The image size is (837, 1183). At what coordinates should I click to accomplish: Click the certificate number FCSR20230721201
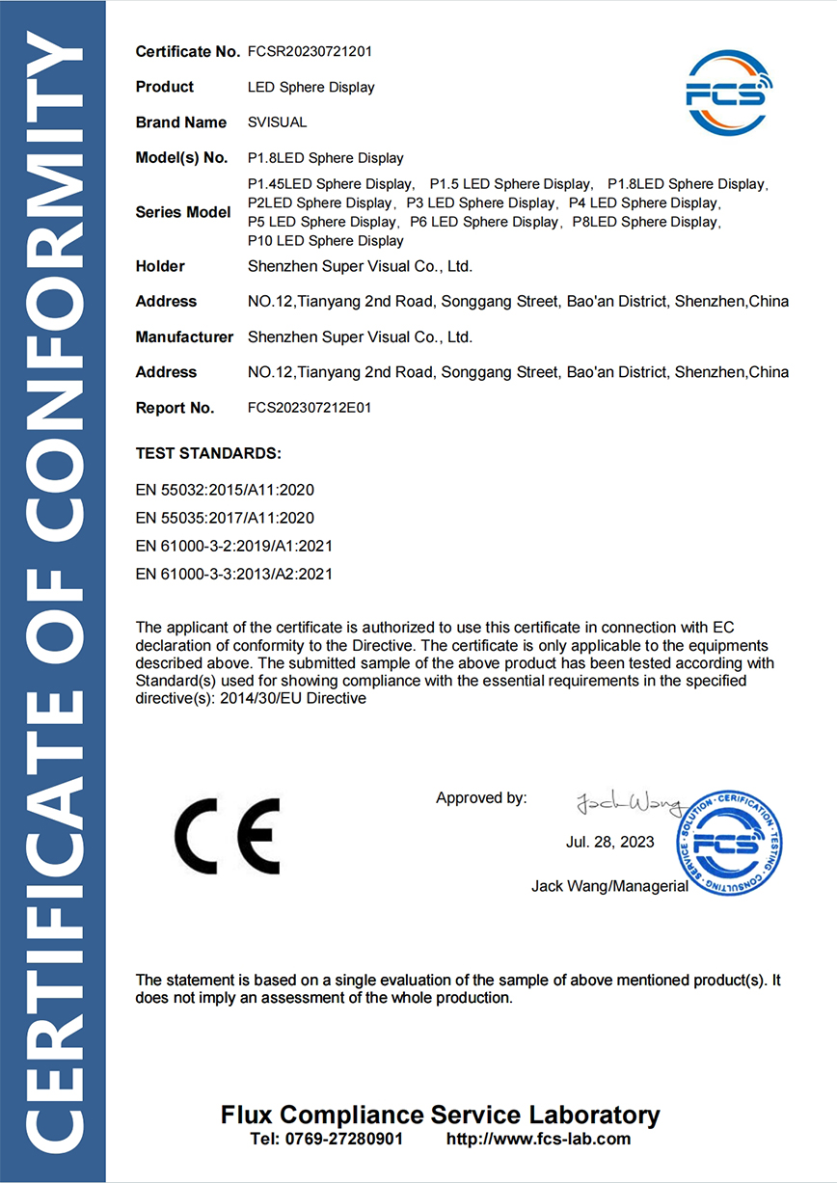(310, 51)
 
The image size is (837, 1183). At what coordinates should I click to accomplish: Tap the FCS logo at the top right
(730, 93)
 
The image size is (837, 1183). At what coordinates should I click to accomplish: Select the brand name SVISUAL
(278, 122)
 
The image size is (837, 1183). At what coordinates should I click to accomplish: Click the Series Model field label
(183, 212)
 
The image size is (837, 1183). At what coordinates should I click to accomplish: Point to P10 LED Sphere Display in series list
(325, 240)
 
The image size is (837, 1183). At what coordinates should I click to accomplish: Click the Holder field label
(160, 266)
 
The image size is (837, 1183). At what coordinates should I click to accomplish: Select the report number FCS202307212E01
(310, 408)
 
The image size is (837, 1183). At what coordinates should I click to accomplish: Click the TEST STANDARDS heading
(208, 452)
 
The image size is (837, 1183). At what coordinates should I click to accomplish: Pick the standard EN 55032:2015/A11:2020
(225, 490)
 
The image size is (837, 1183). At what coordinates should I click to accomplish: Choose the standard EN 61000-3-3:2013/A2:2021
(234, 574)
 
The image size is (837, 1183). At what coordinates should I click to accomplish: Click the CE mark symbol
(228, 835)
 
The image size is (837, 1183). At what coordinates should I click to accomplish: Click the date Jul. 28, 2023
(609, 842)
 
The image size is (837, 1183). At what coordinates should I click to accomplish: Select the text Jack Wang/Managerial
(609, 886)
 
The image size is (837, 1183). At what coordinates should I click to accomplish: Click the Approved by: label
(481, 797)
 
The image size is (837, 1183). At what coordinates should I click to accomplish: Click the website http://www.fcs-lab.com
(538, 1139)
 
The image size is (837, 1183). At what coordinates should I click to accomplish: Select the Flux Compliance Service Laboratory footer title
(441, 1115)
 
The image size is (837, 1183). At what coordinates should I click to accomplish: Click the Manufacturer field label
(184, 337)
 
